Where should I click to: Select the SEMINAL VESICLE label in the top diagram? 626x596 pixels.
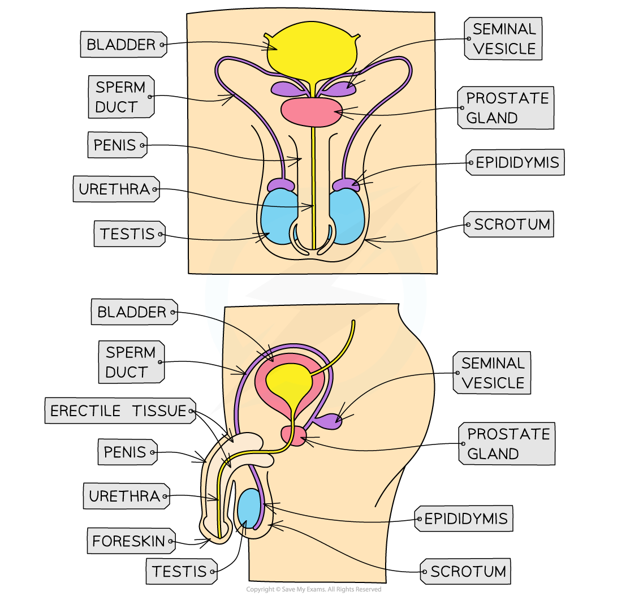503,39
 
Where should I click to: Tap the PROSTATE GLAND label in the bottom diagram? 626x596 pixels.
507,444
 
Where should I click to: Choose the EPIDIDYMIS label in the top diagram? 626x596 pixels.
515,163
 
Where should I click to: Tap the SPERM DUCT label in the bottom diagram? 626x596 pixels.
131,362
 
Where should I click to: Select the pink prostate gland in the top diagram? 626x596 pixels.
312,111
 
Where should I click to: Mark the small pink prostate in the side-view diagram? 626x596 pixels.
294,435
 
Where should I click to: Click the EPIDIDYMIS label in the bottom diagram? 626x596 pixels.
464,519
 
